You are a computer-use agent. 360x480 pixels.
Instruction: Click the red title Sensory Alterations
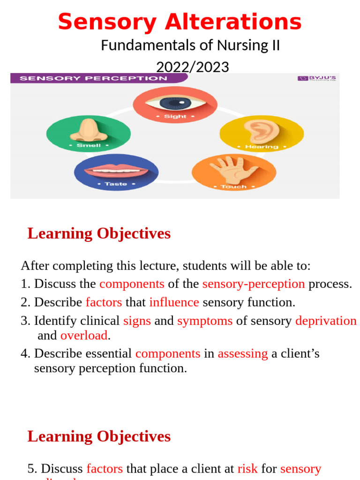pos(180,22)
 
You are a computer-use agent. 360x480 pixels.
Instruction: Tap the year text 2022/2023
pos(192,67)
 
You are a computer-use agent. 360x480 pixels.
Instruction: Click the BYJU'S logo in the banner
pos(317,78)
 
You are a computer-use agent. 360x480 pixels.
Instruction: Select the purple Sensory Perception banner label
pos(94,78)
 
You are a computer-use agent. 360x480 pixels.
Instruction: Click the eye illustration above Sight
pos(175,101)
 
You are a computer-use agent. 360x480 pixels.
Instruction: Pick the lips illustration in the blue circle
pos(116,170)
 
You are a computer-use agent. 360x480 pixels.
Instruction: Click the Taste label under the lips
pos(116,184)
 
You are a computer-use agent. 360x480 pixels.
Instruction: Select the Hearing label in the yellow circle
pos(262,147)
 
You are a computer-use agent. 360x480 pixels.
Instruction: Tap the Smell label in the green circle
pos(89,145)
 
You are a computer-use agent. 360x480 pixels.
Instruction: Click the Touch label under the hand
pos(233,187)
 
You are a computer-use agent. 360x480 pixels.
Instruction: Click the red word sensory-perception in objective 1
pos(253,284)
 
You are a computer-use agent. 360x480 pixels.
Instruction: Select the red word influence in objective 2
pos(174,302)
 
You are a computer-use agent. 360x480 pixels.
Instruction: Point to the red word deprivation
pos(326,321)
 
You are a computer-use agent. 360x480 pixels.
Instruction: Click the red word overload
pos(84,336)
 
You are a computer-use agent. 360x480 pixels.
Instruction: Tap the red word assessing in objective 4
pos(243,353)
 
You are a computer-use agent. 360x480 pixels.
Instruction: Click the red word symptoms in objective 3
pos(205,321)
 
